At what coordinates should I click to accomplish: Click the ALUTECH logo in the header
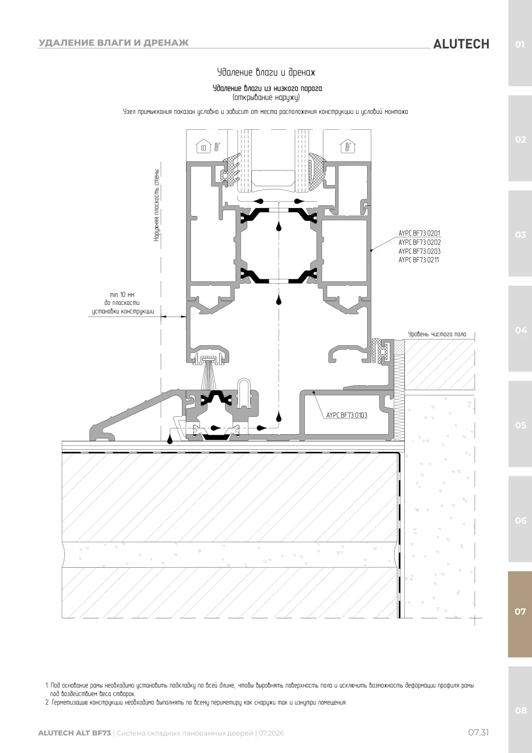coord(461,44)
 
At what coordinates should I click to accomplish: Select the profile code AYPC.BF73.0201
coord(419,233)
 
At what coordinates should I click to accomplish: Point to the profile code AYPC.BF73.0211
coord(418,260)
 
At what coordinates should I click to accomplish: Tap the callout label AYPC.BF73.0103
coord(346,415)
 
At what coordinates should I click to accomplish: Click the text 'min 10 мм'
coord(122,295)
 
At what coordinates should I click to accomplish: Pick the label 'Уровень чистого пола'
coord(437,334)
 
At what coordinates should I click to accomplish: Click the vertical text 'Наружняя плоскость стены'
coord(156,205)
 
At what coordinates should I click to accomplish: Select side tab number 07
coord(520,611)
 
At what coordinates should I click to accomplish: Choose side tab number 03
coord(520,235)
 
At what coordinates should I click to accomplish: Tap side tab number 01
coord(520,44)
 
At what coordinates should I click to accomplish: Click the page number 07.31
coord(479,732)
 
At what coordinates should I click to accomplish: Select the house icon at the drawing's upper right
coord(347,146)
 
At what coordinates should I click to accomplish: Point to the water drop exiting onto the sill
coord(170,440)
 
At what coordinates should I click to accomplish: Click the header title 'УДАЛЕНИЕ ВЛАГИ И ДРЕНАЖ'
coord(114,43)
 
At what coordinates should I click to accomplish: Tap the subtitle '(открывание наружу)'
coord(266,97)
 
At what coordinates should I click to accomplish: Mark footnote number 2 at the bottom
coord(47,702)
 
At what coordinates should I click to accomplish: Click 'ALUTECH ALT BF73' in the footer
coord(74,733)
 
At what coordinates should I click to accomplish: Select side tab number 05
coord(520,425)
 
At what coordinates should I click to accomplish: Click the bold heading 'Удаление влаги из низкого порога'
coord(268,88)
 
